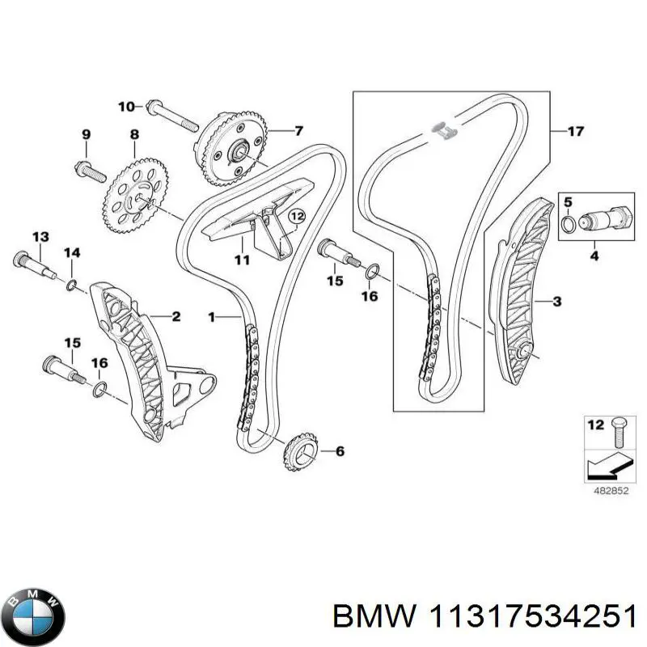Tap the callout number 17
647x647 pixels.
pyautogui.click(x=575, y=131)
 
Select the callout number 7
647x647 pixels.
pyautogui.click(x=298, y=130)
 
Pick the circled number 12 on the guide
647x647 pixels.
pyautogui.click(x=297, y=216)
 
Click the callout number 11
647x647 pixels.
pyautogui.click(x=240, y=260)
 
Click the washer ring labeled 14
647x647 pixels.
pyautogui.click(x=72, y=284)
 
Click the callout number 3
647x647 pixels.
pyautogui.click(x=556, y=302)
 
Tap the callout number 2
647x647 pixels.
pyautogui.click(x=175, y=316)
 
